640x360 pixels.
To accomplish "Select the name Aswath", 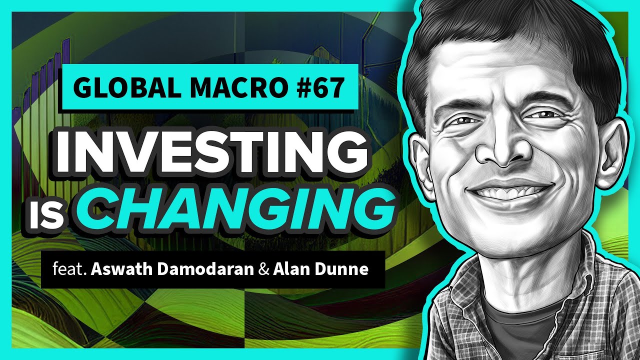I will [123, 270].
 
